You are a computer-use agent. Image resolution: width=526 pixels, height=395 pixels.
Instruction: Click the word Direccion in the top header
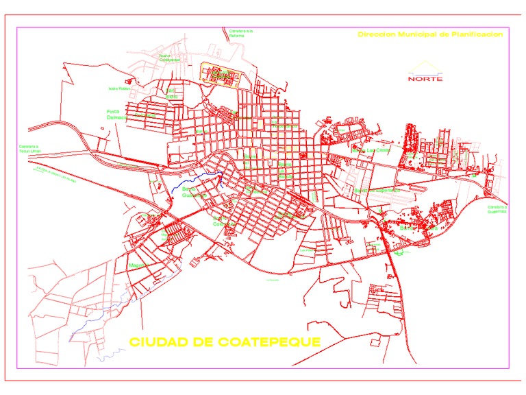tap(376, 34)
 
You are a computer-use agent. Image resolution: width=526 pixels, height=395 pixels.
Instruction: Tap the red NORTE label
tap(425, 78)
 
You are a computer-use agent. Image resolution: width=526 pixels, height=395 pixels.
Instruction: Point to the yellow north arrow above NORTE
tap(425, 67)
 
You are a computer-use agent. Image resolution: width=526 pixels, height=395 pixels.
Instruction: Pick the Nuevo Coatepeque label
tap(169, 58)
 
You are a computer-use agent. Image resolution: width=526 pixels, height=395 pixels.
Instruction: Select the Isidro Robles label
tap(118, 88)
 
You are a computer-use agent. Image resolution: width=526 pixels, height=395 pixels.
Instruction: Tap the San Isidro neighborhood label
tap(171, 93)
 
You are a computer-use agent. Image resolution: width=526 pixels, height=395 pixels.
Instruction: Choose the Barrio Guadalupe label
tap(193, 193)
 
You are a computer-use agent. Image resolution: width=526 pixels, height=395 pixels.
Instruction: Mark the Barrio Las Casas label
tap(371, 149)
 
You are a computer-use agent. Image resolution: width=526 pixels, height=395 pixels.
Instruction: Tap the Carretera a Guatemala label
tap(497, 209)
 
